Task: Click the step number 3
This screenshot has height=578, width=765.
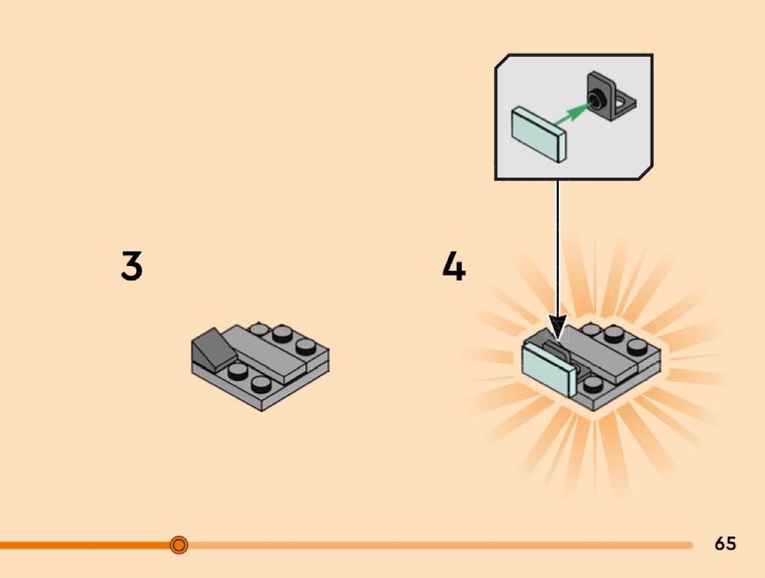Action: pyautogui.click(x=131, y=266)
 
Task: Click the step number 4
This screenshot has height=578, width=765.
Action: pyautogui.click(x=453, y=267)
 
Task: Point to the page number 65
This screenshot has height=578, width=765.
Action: pyautogui.click(x=725, y=544)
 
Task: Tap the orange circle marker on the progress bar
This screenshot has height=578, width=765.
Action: pyautogui.click(x=178, y=544)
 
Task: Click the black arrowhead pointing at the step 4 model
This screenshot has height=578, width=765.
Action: pyautogui.click(x=557, y=328)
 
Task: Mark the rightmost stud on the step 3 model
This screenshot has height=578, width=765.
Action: pyautogui.click(x=306, y=344)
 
